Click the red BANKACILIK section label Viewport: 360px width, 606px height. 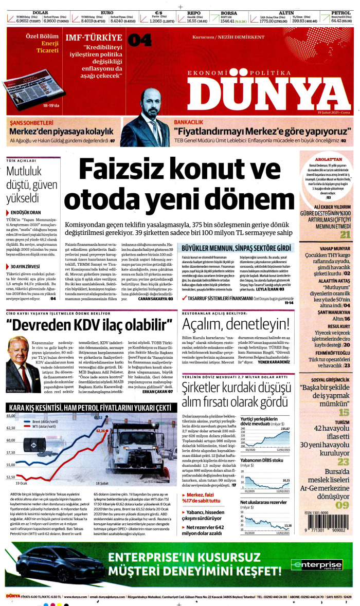[x=191, y=123]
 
